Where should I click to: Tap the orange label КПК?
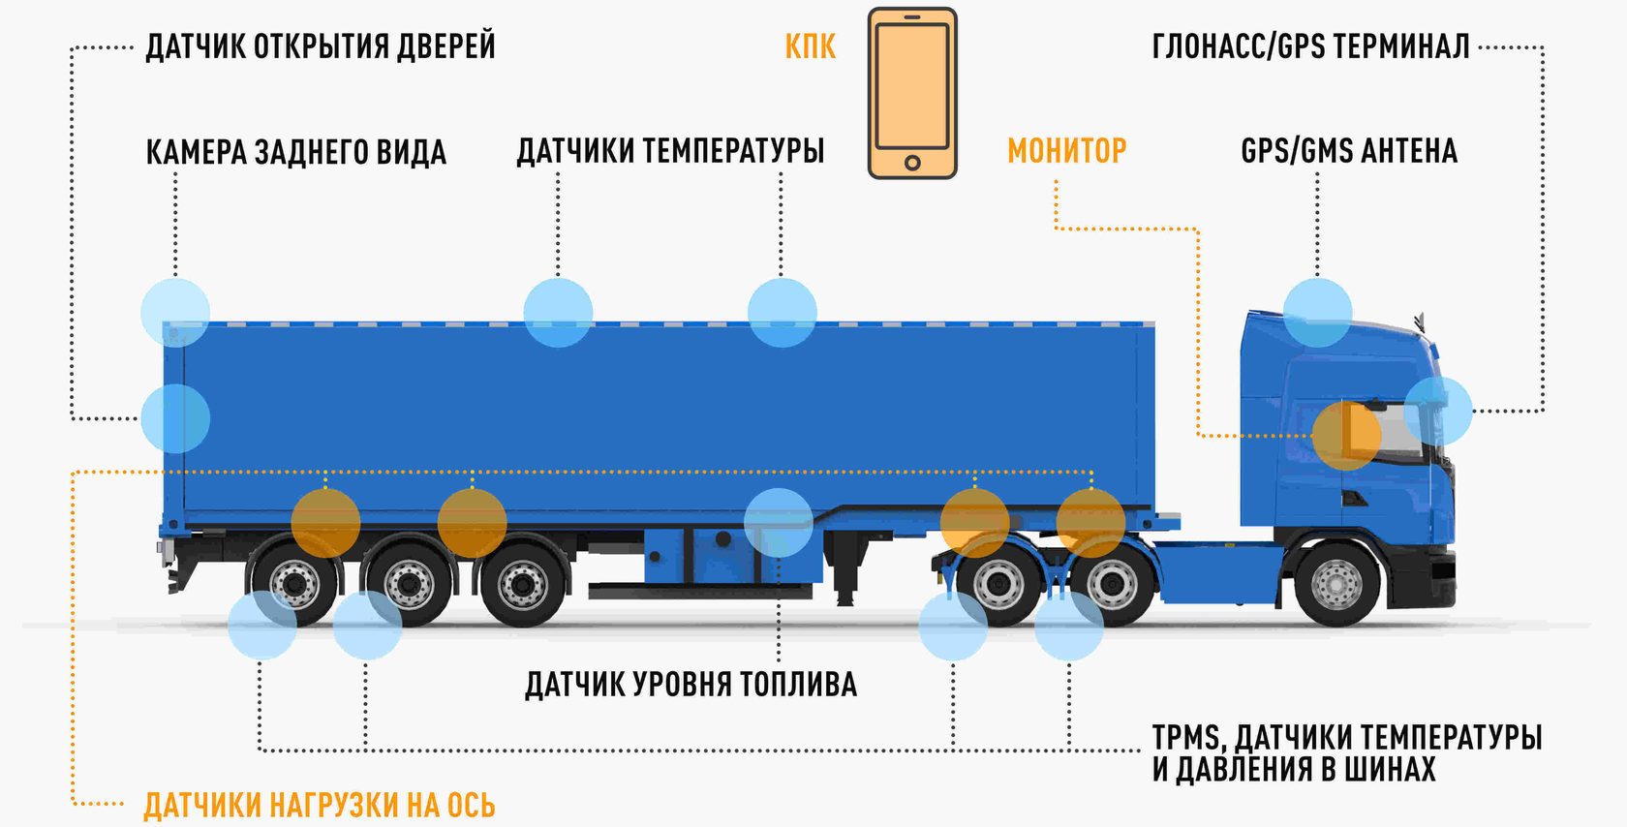(810, 46)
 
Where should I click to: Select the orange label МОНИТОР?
(1066, 151)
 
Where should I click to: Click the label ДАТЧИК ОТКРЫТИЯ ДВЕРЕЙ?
(320, 46)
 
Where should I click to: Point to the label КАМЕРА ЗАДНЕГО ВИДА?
(295, 152)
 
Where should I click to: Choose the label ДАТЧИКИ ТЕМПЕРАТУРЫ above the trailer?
(670, 151)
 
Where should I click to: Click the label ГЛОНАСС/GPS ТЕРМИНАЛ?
(1310, 46)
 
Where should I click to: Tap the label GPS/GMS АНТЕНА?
(1348, 151)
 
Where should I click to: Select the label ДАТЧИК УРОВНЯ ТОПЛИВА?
(691, 685)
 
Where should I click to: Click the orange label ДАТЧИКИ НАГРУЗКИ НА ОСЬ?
(320, 806)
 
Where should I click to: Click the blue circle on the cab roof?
(1317, 313)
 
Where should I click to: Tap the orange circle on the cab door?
(1346, 436)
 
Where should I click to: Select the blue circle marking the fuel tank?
(779, 523)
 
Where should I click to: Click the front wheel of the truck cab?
(1336, 584)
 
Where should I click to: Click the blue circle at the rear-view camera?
(175, 313)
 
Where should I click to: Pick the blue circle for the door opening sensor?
(175, 418)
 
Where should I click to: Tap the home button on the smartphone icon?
(911, 163)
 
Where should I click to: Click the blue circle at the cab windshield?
(1437, 411)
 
